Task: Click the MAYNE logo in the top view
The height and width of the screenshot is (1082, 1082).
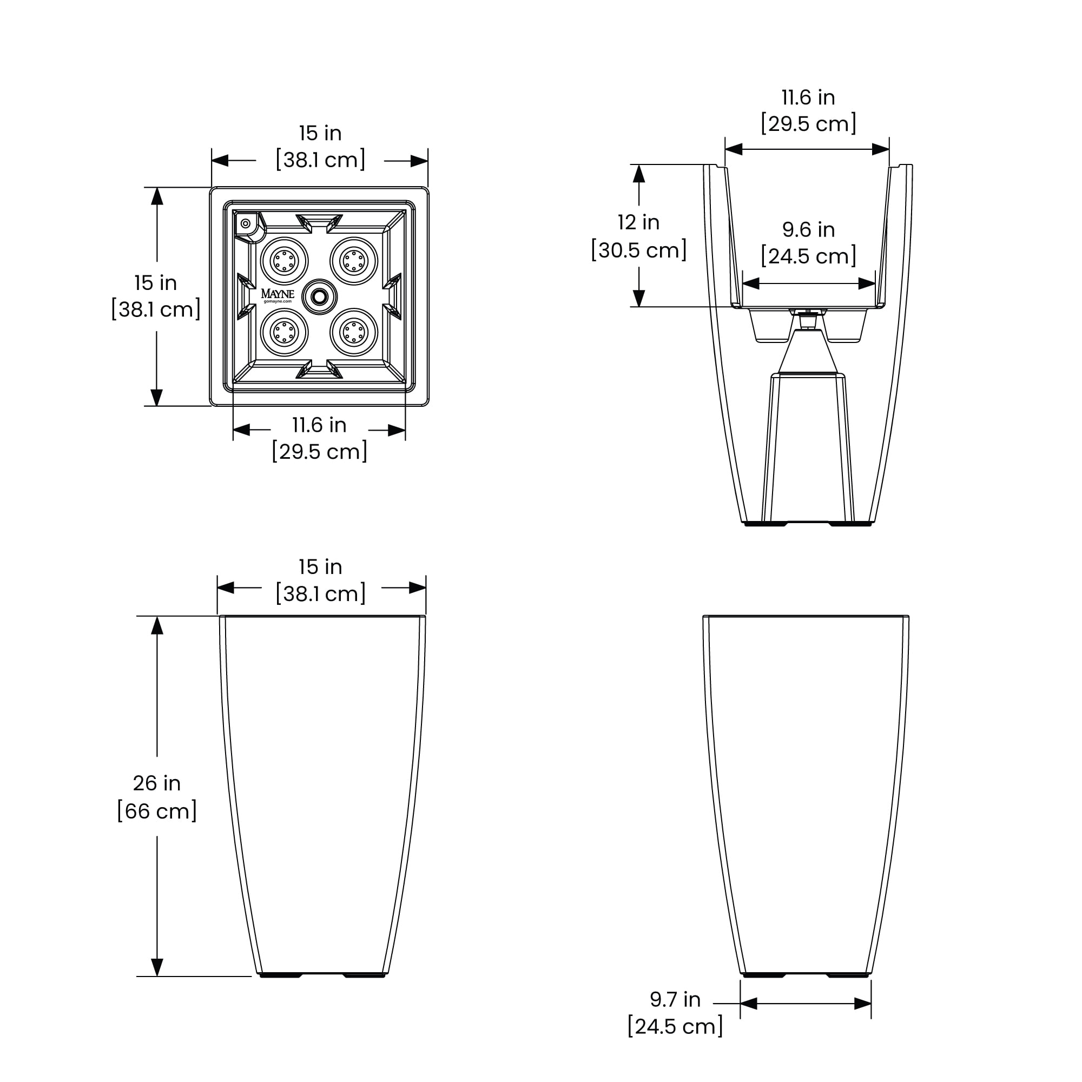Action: tap(277, 293)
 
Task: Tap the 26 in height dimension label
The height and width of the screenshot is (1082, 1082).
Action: tap(157, 783)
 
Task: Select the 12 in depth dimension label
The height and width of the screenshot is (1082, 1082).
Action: tap(638, 222)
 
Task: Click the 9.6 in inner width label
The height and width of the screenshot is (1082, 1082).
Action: tap(809, 229)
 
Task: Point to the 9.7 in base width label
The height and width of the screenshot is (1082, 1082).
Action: tap(675, 999)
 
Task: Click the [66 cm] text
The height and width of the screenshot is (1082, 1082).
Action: tap(157, 810)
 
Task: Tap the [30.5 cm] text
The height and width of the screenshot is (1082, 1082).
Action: tap(639, 250)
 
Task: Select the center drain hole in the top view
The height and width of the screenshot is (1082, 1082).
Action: tap(319, 297)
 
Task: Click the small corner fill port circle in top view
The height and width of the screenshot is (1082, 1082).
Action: tap(245, 223)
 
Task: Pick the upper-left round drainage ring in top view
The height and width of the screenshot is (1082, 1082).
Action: tap(285, 260)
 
